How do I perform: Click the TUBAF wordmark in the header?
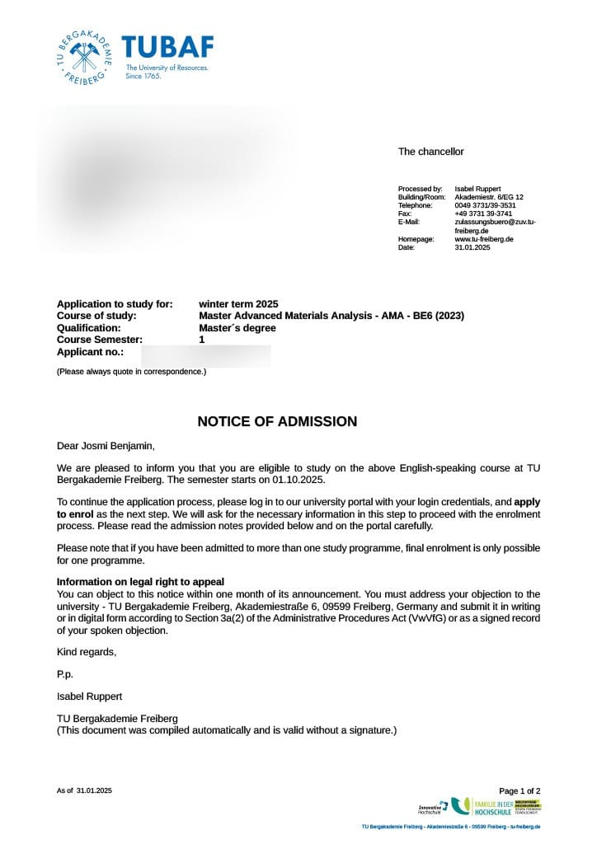click(167, 47)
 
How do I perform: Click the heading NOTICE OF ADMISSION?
click(277, 422)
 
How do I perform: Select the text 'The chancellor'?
click(430, 152)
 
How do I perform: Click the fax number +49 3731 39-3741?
click(483, 213)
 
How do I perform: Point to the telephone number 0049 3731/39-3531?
click(485, 205)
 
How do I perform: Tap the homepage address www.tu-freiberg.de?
click(484, 239)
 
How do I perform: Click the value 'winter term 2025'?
click(238, 304)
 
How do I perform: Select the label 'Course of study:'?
click(96, 316)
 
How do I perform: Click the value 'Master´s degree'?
click(237, 327)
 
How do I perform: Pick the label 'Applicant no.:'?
click(91, 351)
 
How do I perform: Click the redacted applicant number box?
click(206, 356)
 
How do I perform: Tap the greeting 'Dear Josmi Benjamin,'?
click(106, 446)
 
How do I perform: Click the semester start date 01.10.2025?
click(295, 480)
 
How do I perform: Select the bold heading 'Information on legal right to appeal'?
click(140, 582)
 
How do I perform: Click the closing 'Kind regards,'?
click(87, 652)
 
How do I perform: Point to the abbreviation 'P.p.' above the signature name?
click(65, 674)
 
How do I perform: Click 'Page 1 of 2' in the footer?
click(519, 790)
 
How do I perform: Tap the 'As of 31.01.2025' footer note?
click(84, 790)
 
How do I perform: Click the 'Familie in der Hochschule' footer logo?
click(494, 807)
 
